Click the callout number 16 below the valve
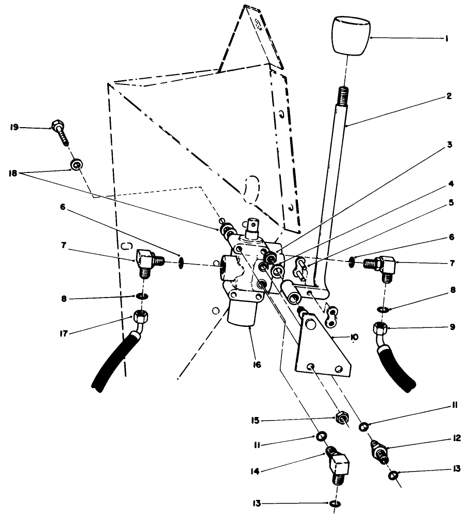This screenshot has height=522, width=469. (256, 364)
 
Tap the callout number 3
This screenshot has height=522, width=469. (449, 145)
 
